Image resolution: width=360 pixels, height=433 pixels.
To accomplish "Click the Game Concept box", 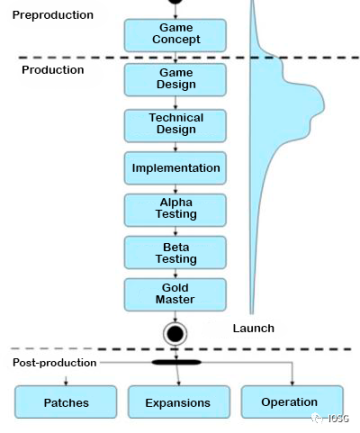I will pos(175,34).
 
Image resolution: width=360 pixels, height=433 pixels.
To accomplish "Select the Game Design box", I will pos(175,79).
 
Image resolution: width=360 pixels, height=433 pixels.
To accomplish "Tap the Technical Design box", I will pos(175,124).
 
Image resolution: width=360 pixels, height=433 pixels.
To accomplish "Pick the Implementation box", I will pos(175,168).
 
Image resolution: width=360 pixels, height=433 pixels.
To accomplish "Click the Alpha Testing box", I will pos(175,209).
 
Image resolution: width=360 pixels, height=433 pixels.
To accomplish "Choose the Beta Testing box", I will pos(175,252).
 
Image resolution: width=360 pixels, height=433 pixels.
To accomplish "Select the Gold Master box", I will pos(175,294).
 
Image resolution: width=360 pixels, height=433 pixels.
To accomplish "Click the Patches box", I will pos(66,402).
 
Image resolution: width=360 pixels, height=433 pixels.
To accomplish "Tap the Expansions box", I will pos(179,402).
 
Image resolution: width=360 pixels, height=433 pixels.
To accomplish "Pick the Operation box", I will pos(290,402).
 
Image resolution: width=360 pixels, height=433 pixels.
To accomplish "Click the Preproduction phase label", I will pos(53,15).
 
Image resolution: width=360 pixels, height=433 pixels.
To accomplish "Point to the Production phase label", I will pos(53,70).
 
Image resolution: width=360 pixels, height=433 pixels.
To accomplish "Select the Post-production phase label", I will pos(55,362).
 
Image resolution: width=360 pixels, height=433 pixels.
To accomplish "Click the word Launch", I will pos(253,328).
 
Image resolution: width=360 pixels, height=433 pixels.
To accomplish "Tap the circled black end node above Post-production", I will pos(176,333).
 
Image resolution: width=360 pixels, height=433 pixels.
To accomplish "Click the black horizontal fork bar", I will pos(176,362).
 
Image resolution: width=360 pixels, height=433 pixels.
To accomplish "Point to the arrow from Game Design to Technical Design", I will pos(176,102).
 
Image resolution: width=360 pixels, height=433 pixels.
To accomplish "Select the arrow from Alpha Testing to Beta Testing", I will pos(176,231).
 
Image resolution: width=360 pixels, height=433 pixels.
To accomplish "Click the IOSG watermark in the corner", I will pos(333,419).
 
